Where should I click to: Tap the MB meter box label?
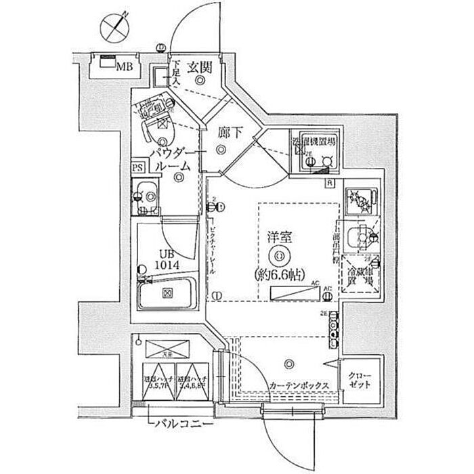pos(123,66)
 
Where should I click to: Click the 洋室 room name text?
pos(279,238)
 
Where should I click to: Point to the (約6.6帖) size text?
pos(280,274)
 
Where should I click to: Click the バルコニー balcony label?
pos(175,426)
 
